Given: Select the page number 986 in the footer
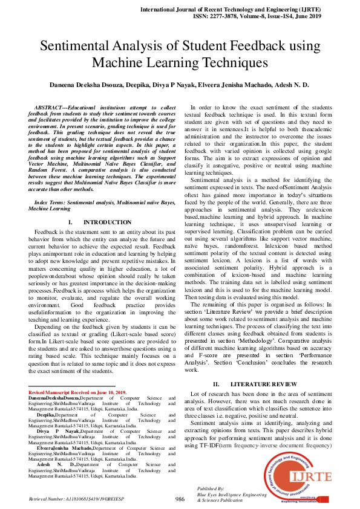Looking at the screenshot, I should (180, 499).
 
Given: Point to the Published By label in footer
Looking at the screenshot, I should (211, 487).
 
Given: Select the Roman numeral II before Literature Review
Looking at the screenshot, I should (216, 384).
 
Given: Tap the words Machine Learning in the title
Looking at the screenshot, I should (137, 62).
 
